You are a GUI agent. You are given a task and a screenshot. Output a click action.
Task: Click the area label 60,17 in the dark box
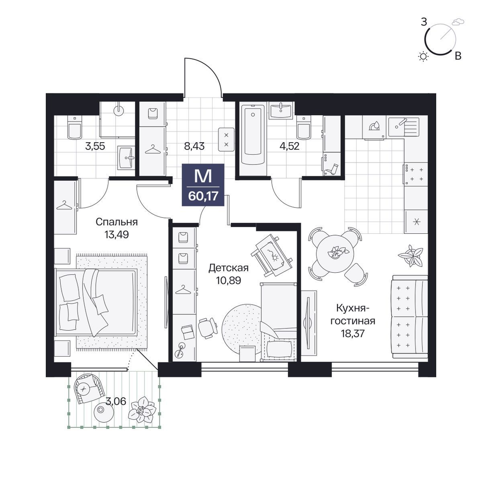pyautogui.click(x=203, y=196)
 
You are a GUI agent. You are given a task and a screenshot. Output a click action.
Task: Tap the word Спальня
pyautogui.click(x=117, y=222)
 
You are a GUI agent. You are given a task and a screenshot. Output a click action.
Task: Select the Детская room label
pyautogui.click(x=228, y=268)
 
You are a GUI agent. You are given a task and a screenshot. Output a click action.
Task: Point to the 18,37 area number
pyautogui.click(x=353, y=333)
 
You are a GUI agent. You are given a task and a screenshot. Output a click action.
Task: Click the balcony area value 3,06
pyautogui.click(x=116, y=401)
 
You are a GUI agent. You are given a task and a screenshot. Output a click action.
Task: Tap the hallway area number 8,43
pyautogui.click(x=194, y=146)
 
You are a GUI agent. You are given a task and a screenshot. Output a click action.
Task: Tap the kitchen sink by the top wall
pyautogui.click(x=403, y=126)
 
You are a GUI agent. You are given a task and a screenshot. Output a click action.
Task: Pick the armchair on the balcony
pyautogui.click(x=88, y=388)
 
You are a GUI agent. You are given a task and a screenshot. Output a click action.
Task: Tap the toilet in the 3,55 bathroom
pyautogui.click(x=74, y=128)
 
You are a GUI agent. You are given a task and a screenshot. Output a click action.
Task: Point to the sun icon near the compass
pyautogui.click(x=424, y=56)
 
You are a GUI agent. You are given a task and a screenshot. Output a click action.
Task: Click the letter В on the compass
pyautogui.click(x=458, y=56)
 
